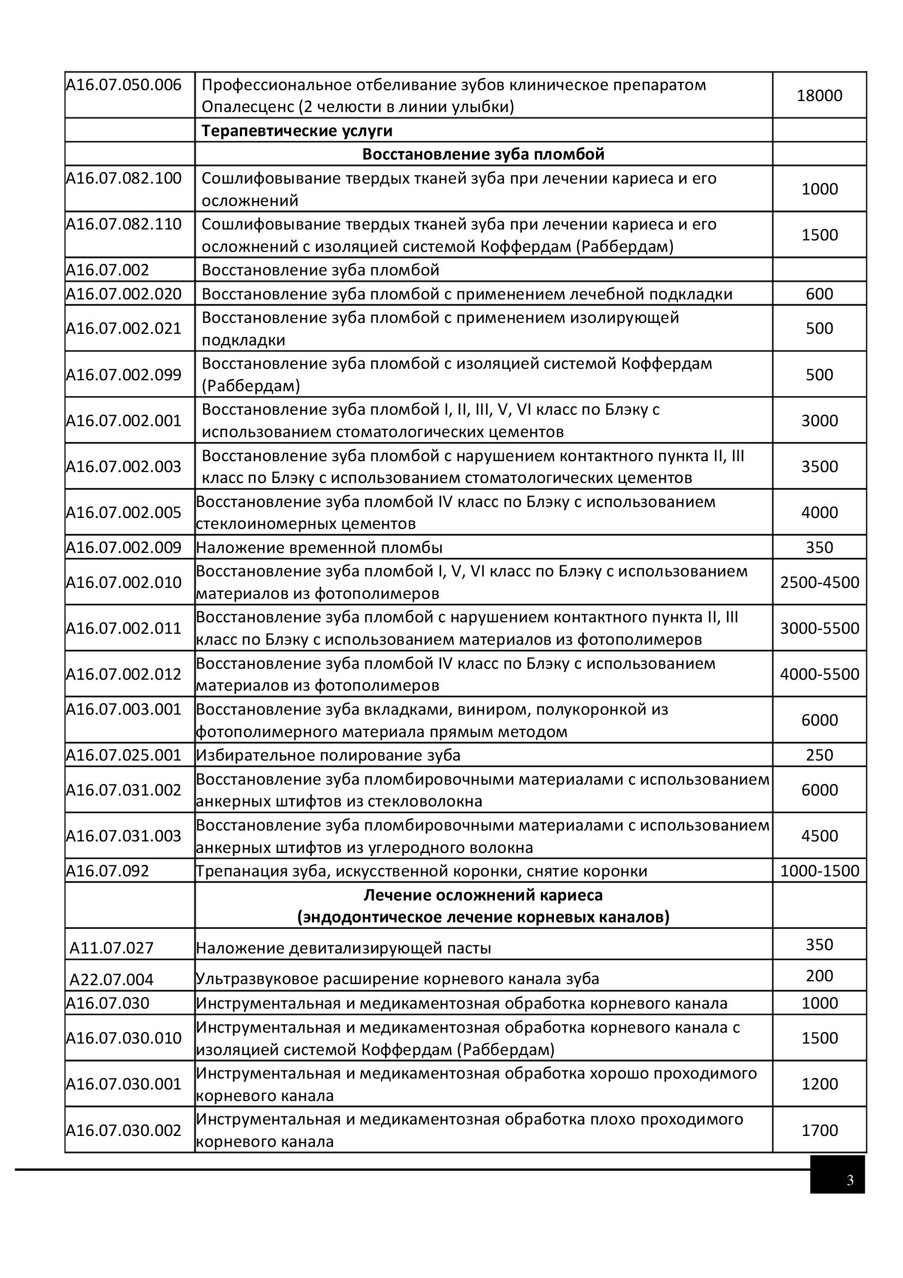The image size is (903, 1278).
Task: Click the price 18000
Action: coord(819,96)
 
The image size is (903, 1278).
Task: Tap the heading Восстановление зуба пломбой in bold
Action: coord(483,154)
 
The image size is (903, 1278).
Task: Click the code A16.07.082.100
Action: coord(124,179)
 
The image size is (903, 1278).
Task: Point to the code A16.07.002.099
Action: coord(124,375)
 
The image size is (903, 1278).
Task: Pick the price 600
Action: coord(819,294)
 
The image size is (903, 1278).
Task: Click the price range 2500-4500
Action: coord(819,583)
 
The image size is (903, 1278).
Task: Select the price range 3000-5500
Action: coord(819,628)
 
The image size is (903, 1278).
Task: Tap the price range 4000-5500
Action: coord(819,675)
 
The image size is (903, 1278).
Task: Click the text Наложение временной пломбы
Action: coord(320,547)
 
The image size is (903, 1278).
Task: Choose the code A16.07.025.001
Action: coord(124,755)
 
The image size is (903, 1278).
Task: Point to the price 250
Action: coord(819,755)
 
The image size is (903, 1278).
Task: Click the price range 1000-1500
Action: coord(819,871)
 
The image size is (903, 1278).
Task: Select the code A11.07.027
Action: coord(111,948)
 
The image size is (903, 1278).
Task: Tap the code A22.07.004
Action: coord(111,980)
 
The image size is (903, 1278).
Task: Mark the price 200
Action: coord(819,976)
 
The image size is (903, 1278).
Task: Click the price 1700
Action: coord(819,1130)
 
